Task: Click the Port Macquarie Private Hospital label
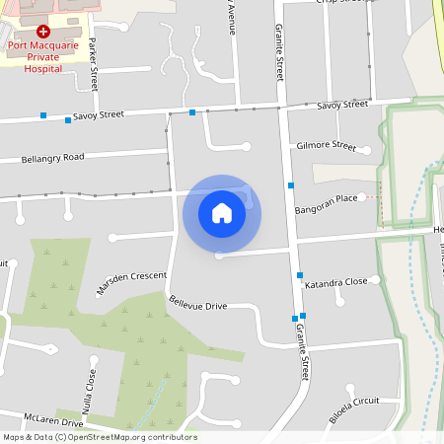tap(42, 56)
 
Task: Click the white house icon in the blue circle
tap(222, 213)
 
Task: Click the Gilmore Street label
tap(326, 145)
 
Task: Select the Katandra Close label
tap(335, 282)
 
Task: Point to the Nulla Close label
tap(92, 389)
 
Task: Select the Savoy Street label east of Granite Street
tap(342, 104)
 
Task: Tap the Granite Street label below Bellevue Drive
tap(303, 349)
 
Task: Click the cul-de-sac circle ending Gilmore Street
tap(366, 150)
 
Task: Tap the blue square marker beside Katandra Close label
tap(300, 274)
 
